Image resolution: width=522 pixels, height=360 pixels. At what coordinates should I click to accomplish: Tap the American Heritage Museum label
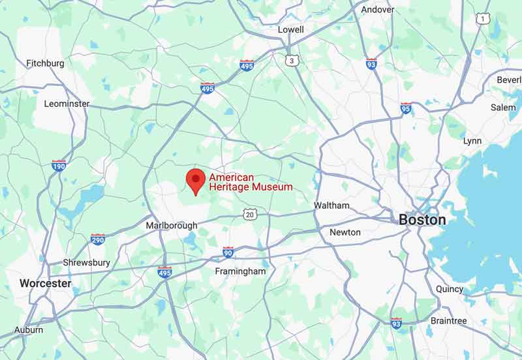coord(251,182)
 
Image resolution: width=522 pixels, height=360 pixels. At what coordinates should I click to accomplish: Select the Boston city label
coord(422,220)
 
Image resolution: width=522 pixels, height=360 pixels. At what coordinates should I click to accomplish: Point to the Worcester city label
coord(45,284)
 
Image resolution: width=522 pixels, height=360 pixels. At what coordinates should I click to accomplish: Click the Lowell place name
coord(290,29)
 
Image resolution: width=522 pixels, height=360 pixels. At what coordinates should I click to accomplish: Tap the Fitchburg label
coord(45,63)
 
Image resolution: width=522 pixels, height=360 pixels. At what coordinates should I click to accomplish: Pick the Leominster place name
coord(67,104)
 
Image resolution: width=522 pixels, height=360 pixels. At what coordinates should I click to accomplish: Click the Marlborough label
coord(171,226)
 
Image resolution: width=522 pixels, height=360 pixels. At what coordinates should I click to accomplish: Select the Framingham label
coord(241,271)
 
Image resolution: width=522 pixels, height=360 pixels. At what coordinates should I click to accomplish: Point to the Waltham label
coord(331,205)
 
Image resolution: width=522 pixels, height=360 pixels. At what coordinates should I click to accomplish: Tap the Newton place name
coord(345,232)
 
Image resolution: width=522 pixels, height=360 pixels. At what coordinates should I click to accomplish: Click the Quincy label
coord(449,289)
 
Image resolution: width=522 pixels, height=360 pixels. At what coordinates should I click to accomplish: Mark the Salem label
coord(503,108)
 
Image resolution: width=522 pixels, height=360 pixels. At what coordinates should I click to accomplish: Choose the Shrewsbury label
coord(86,263)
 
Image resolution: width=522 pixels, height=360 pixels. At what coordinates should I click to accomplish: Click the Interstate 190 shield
coord(59,165)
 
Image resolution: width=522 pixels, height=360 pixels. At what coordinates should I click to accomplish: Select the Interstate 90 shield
coord(228,252)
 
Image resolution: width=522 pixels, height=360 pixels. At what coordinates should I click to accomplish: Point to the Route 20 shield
coord(250,214)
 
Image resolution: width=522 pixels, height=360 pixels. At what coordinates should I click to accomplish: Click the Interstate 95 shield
coord(406,108)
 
